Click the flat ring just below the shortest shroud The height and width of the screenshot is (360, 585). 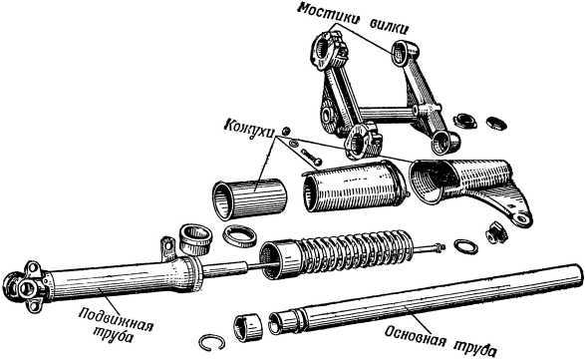[240, 235]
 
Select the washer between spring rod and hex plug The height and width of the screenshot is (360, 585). [464, 244]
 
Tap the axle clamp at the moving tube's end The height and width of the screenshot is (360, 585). [26, 288]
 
